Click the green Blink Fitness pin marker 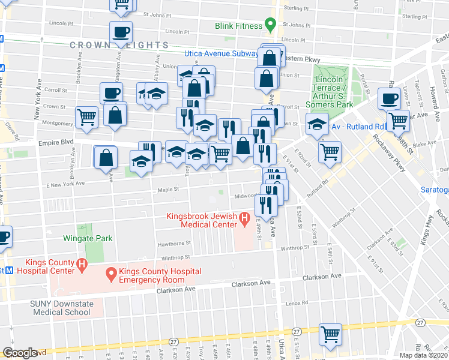[270, 26]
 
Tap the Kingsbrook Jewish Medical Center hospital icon [244, 220]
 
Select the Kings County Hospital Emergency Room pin [111, 275]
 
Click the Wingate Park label [88, 238]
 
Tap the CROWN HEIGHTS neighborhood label [119, 45]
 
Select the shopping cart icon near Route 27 [330, 334]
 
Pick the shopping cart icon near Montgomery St [87, 117]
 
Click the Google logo [20, 353]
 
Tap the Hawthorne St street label [174, 244]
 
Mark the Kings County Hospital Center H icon [81, 263]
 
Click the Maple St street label [164, 190]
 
